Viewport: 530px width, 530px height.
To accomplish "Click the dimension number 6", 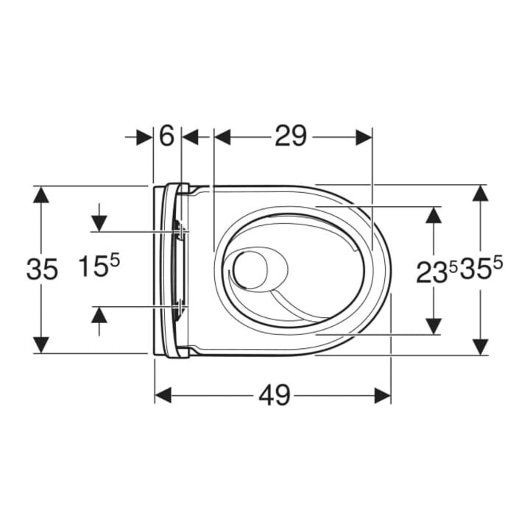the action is [166, 136].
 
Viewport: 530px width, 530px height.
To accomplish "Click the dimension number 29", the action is [291, 136].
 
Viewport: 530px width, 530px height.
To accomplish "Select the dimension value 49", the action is [275, 395].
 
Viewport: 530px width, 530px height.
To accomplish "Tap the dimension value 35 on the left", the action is [42, 269].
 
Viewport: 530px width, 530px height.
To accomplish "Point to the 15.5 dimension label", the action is [99, 266].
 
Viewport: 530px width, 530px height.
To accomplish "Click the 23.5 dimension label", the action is [437, 272].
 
